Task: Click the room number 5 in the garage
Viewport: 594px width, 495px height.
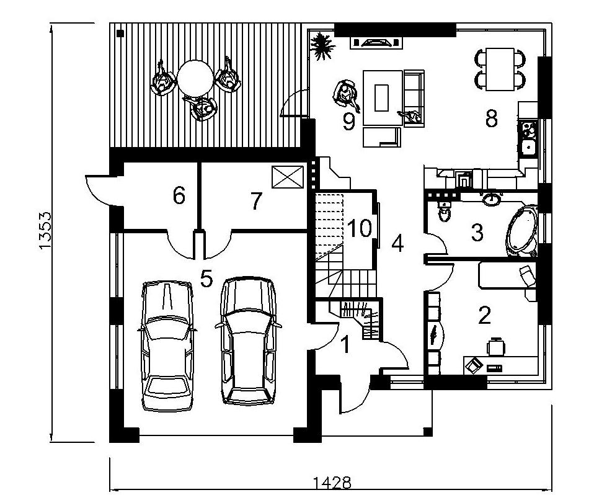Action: pos(206,280)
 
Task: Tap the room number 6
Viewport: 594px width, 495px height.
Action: pos(179,196)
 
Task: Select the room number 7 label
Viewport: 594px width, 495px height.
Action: pos(257,201)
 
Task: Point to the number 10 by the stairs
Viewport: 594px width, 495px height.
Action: pos(360,228)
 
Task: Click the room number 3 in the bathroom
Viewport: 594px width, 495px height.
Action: pos(477,233)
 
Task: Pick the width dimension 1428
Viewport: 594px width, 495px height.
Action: pos(332,483)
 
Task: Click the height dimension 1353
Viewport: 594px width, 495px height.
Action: pos(45,231)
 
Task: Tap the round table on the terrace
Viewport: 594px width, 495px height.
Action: pos(195,78)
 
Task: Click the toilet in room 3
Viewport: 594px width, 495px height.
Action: pos(444,212)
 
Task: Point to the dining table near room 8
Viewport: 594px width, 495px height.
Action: pos(500,69)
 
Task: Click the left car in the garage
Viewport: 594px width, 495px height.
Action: pos(167,346)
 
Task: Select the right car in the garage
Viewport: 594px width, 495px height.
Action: pos(249,341)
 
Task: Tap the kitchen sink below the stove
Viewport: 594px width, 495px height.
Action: pos(528,147)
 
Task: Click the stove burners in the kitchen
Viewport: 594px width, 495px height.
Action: pos(528,129)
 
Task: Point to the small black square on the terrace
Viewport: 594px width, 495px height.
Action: pos(120,33)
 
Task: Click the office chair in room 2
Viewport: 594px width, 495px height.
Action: pos(496,346)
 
